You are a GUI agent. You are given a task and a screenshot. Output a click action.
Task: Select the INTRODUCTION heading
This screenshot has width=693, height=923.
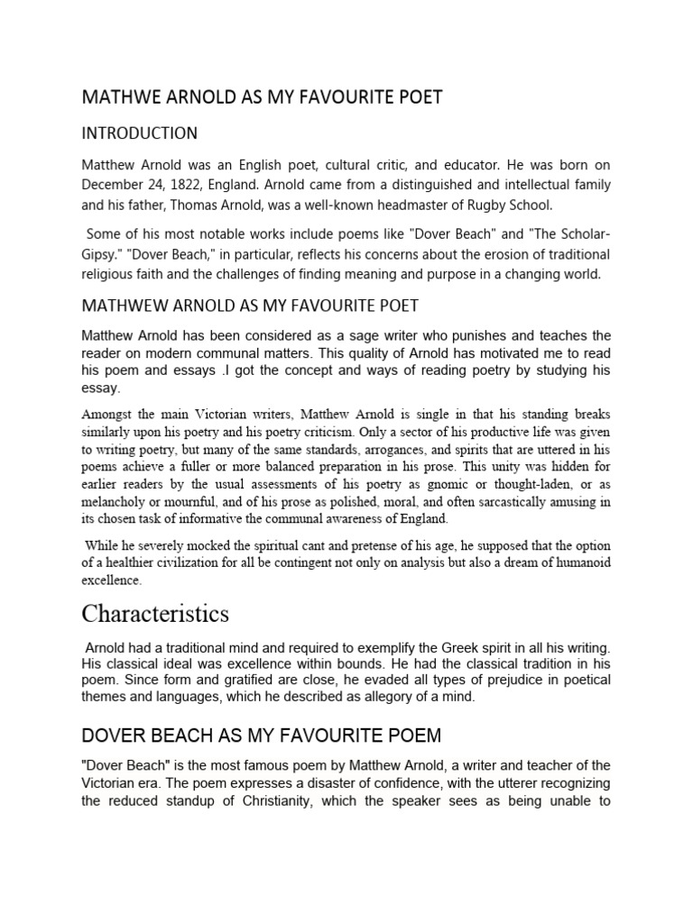coord(140,133)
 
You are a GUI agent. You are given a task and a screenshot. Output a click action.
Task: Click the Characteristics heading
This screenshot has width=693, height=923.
coord(155,614)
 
